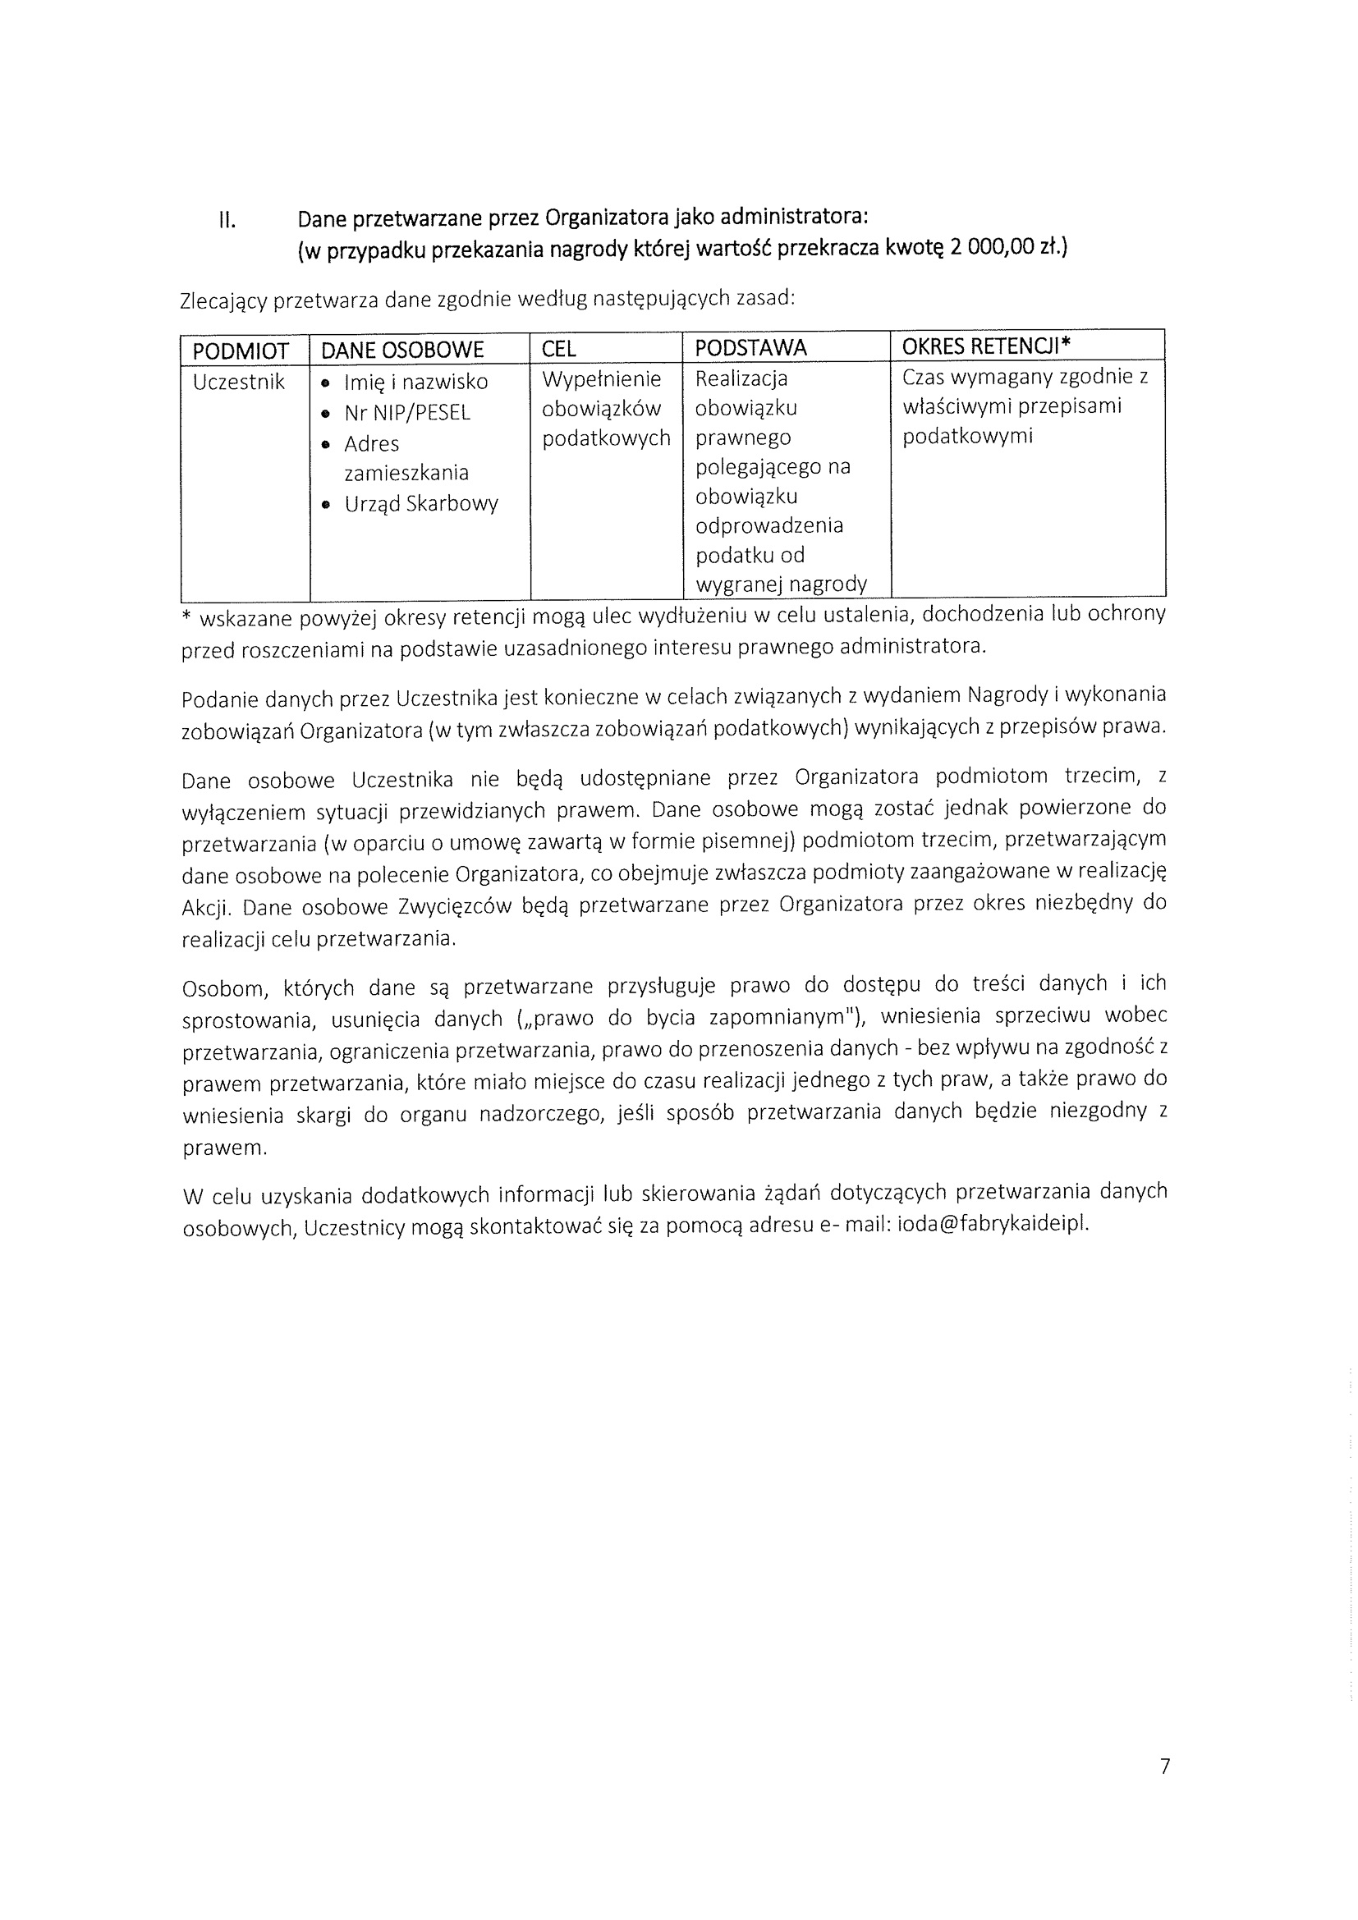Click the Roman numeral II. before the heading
(x=227, y=221)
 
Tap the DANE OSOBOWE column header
(x=402, y=351)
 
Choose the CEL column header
(x=558, y=349)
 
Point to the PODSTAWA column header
(x=750, y=348)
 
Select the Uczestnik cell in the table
(x=239, y=383)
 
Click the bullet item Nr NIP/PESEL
(x=407, y=413)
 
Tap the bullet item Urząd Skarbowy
(x=421, y=504)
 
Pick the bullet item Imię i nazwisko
(x=415, y=383)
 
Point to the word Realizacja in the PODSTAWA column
(x=741, y=378)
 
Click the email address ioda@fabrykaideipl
(x=993, y=1224)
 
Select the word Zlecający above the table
(x=223, y=301)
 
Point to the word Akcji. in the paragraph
(x=206, y=908)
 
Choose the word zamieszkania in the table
(x=406, y=474)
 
